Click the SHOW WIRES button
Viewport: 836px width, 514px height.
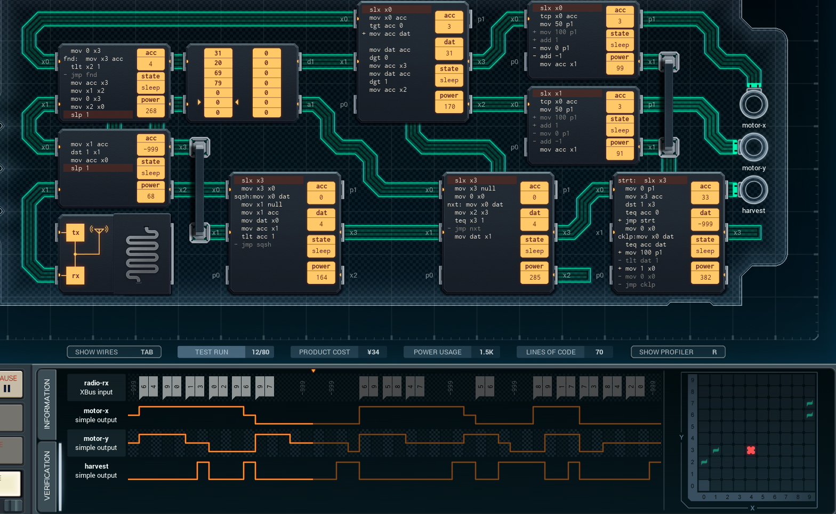click(114, 352)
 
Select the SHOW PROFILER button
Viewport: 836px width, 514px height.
click(678, 352)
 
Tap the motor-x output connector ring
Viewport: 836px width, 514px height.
click(753, 104)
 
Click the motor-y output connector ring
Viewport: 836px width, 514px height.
click(753, 147)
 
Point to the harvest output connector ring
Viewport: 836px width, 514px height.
click(753, 189)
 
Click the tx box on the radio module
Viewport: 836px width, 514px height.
click(76, 233)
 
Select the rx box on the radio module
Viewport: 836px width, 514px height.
click(76, 276)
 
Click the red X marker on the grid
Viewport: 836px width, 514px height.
click(751, 450)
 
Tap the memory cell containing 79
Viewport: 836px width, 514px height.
click(218, 83)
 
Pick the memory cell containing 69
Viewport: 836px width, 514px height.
click(218, 73)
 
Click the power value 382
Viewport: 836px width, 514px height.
click(705, 278)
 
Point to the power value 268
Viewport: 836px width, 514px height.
click(151, 111)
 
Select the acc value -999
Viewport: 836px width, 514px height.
click(151, 149)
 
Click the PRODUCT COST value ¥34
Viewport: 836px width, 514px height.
click(373, 352)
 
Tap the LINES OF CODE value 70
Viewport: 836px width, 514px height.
click(599, 352)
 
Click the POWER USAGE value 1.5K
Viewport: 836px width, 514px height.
click(486, 352)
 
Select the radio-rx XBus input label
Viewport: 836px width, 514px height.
click(97, 388)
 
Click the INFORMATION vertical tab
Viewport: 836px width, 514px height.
click(47, 404)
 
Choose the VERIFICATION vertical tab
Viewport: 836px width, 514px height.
click(47, 475)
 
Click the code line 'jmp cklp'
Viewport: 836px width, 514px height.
click(640, 285)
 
